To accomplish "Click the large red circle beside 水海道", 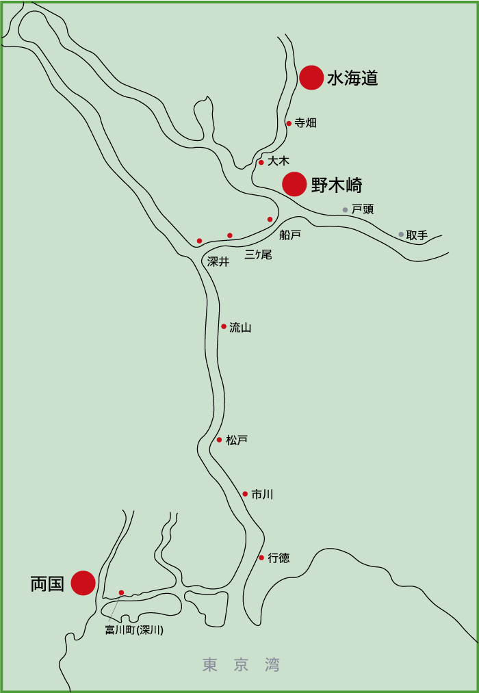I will pos(311,77).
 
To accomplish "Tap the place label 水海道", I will pos(352,78).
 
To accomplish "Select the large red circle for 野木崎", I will pos(294,184).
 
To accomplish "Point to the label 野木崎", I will pos(337,185).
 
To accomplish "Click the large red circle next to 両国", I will pos(83,583).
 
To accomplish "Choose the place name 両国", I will pos(47,584).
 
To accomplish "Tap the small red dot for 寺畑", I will pos(289,124).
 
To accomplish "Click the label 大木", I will pos(279,161).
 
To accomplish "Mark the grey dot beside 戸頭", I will pos(346,210).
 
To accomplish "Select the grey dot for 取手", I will pos(401,235).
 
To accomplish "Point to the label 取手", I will pos(417,235).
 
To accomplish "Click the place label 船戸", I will pos(290,235).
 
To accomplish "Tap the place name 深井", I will pos(218,261).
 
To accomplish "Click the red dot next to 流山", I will pos(224,326).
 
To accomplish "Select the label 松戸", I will pos(237,440).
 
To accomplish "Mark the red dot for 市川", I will pos(245,494).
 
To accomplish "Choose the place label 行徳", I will pos(279,558).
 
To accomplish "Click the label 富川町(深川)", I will pos(134,630).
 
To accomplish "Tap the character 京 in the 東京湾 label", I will pos(241,665).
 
